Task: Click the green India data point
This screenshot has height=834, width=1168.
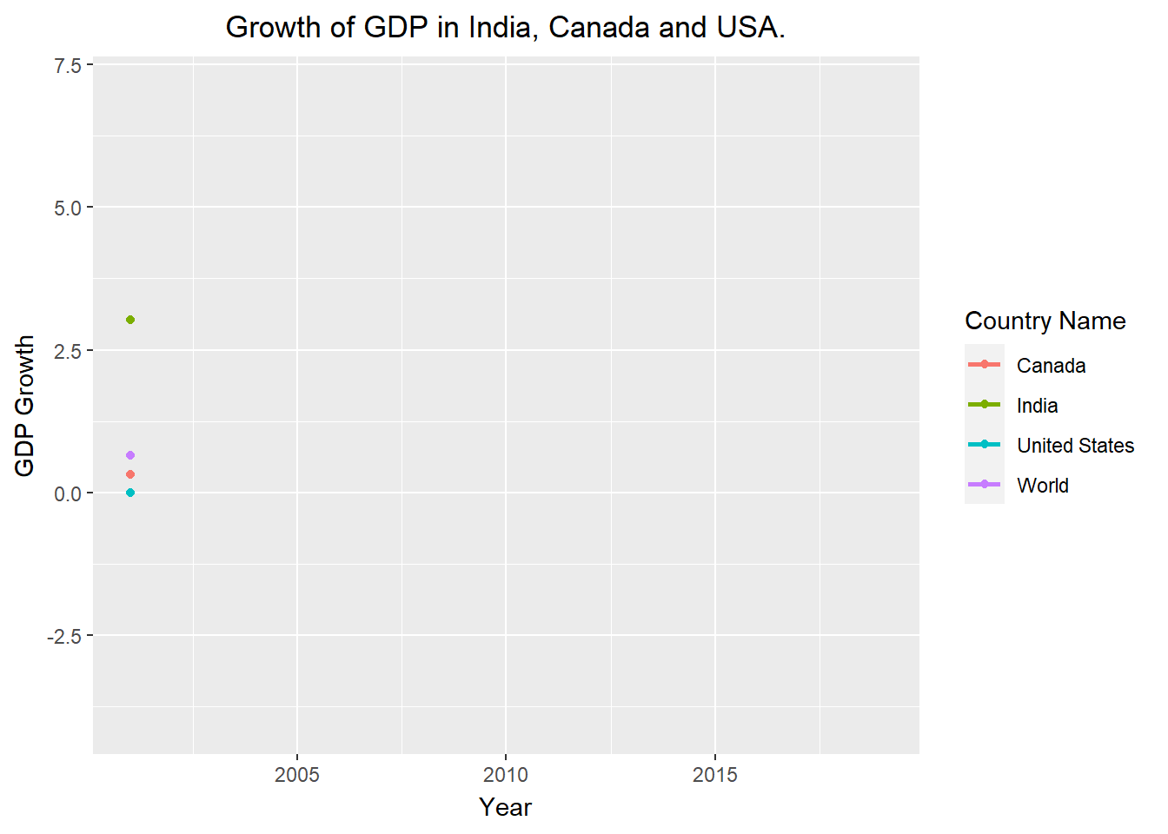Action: (x=130, y=320)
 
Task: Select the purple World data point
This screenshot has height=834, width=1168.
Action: (x=130, y=455)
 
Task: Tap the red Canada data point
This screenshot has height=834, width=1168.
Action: (x=130, y=474)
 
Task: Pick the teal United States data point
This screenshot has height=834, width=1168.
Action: (x=130, y=493)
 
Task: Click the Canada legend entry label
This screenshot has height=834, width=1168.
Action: (x=1051, y=366)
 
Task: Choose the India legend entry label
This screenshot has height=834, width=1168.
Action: (x=1037, y=406)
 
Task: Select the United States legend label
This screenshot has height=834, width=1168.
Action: (x=1075, y=446)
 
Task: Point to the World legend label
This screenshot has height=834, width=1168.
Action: (x=1043, y=486)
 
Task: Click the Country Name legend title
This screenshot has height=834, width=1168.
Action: (x=1045, y=321)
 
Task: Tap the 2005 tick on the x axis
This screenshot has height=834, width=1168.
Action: (x=297, y=774)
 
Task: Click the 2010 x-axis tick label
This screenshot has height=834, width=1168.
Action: (x=506, y=774)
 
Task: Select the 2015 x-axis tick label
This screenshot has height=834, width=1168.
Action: (x=714, y=774)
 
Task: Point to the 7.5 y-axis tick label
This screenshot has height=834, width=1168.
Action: (x=67, y=66)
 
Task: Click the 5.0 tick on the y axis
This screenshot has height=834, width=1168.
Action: (x=67, y=208)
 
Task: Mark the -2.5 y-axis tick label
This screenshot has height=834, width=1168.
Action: (x=63, y=637)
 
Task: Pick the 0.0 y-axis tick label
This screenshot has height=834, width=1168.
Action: (x=67, y=493)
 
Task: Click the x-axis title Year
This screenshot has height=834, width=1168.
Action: (x=505, y=807)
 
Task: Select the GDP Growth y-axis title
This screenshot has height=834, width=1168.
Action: (x=24, y=406)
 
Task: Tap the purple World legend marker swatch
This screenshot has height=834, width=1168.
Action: (x=985, y=485)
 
